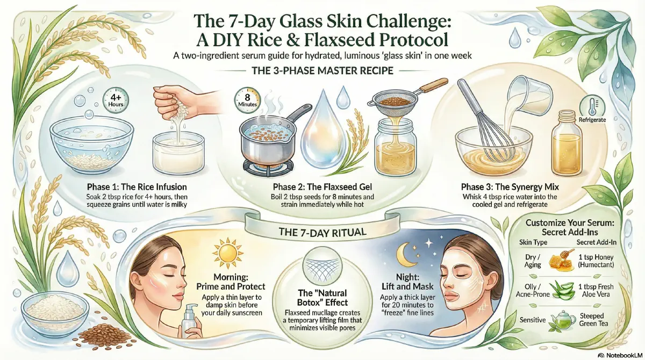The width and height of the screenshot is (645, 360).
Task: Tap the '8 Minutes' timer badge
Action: (x=244, y=100)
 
